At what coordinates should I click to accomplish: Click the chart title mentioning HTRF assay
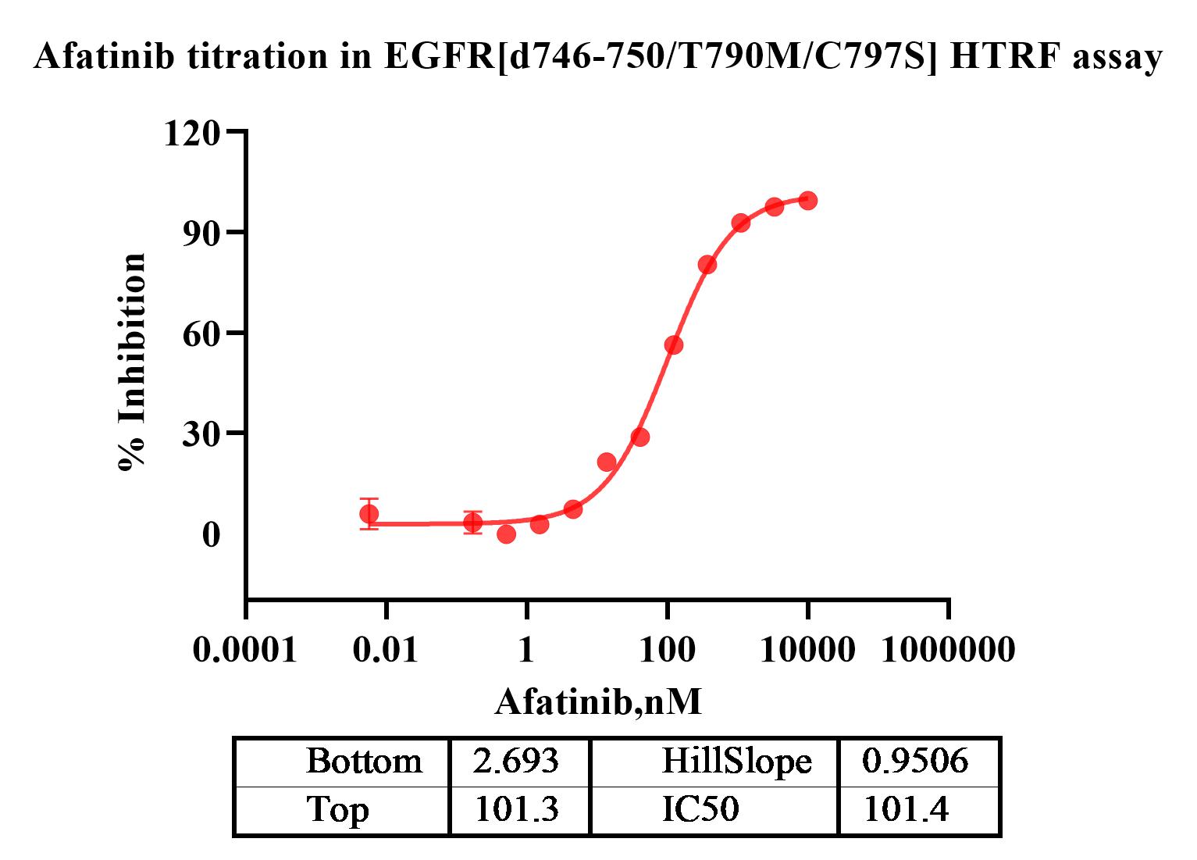point(598,57)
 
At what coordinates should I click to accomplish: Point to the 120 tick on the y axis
point(191,133)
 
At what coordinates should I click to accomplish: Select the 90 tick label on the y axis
point(201,233)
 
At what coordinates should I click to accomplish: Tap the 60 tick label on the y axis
point(201,333)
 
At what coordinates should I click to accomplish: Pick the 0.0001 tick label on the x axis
point(245,649)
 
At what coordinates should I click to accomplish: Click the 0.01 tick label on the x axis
point(386,649)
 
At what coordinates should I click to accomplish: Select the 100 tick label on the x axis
point(667,649)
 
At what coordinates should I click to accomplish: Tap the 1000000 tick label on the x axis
point(948,649)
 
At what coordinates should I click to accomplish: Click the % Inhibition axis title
point(133,362)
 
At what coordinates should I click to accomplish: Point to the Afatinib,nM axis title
point(598,701)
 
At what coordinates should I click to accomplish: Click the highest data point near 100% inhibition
point(808,201)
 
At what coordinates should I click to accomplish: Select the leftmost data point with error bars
point(369,514)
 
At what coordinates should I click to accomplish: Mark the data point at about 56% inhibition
point(674,345)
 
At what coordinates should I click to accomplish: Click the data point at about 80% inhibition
point(707,265)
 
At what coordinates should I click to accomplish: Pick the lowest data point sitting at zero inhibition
point(506,534)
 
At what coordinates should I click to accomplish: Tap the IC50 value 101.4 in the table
point(906,810)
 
